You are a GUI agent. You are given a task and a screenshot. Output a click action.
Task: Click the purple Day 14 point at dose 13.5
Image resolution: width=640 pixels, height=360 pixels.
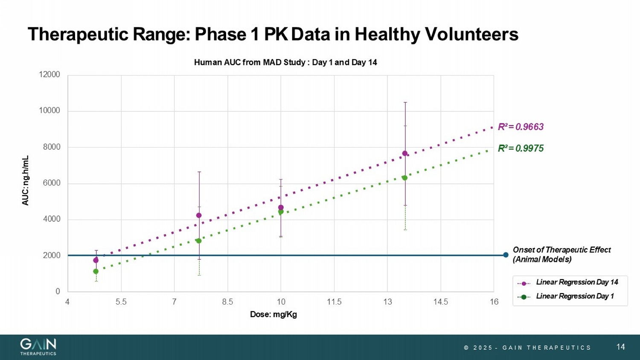point(405,154)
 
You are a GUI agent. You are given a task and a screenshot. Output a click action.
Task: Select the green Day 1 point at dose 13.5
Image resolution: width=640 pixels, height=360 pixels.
point(405,178)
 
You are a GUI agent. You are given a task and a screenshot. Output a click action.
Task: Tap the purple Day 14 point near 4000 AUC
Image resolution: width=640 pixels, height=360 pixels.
point(199,215)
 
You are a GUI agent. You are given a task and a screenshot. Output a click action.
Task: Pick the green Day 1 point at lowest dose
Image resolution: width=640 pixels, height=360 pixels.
point(96,271)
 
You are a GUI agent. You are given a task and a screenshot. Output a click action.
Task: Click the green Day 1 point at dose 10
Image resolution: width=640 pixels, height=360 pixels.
point(281,212)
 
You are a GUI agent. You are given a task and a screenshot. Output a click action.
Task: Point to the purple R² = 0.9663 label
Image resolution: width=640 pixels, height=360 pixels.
point(521,127)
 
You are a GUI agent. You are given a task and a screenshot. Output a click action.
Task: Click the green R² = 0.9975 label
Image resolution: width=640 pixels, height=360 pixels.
point(521,148)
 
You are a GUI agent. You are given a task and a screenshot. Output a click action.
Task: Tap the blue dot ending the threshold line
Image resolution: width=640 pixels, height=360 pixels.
point(506,255)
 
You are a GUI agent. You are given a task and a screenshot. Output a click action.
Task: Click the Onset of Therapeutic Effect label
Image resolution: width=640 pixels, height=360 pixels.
point(561,255)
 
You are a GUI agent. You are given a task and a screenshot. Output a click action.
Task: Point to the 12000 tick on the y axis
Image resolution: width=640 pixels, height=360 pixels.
point(49,75)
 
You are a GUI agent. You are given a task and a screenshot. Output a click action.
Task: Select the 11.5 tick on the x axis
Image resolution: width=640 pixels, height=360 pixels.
point(334,302)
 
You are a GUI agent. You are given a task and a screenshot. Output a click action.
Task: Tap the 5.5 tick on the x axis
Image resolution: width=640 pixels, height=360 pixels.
point(121,302)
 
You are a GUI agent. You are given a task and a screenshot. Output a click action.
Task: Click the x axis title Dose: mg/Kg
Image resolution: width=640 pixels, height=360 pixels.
point(273,315)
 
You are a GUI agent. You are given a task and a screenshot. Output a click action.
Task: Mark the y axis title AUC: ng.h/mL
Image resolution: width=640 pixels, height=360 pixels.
point(26,180)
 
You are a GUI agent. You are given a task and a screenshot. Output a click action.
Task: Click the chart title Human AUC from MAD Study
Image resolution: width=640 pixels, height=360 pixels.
point(285,63)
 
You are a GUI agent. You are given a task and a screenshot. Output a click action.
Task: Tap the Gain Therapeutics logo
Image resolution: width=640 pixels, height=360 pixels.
point(38,346)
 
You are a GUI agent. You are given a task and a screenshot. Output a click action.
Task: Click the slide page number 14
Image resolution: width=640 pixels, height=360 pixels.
point(620,347)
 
